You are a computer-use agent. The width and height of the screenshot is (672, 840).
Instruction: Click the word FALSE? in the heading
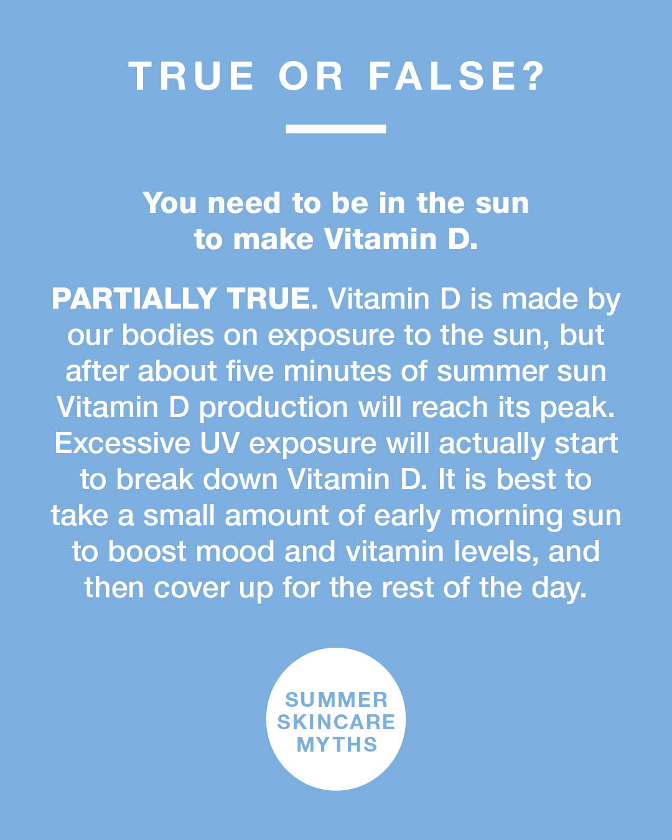click(x=455, y=76)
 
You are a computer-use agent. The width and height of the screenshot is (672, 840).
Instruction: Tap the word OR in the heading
click(x=311, y=76)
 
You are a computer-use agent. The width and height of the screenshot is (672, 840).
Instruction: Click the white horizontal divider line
click(x=336, y=129)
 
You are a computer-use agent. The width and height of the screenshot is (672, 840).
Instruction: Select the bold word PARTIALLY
click(x=134, y=299)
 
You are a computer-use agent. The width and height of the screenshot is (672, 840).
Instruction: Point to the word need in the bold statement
click(x=244, y=203)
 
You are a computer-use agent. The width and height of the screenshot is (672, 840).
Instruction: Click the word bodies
click(x=168, y=335)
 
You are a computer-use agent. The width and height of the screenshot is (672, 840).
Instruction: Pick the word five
click(x=250, y=371)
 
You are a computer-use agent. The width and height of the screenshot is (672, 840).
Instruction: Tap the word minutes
click(x=337, y=371)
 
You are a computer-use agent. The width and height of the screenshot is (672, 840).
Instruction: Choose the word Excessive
click(x=123, y=443)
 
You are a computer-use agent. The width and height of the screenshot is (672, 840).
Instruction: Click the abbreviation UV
click(x=219, y=443)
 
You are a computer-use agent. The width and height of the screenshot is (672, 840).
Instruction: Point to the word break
click(x=155, y=479)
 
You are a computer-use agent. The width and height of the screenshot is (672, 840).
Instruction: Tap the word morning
click(x=506, y=516)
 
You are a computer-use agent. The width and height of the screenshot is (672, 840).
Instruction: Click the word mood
click(x=235, y=551)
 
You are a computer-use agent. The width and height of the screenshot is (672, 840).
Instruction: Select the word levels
click(x=495, y=551)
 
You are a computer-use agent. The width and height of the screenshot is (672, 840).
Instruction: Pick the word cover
click(x=191, y=588)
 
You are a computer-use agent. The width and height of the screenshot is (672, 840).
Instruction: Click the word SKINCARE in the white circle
click(x=336, y=722)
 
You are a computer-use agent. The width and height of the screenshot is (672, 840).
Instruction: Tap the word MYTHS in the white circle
click(x=337, y=744)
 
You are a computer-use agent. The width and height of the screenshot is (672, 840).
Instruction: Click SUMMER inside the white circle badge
click(x=336, y=699)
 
